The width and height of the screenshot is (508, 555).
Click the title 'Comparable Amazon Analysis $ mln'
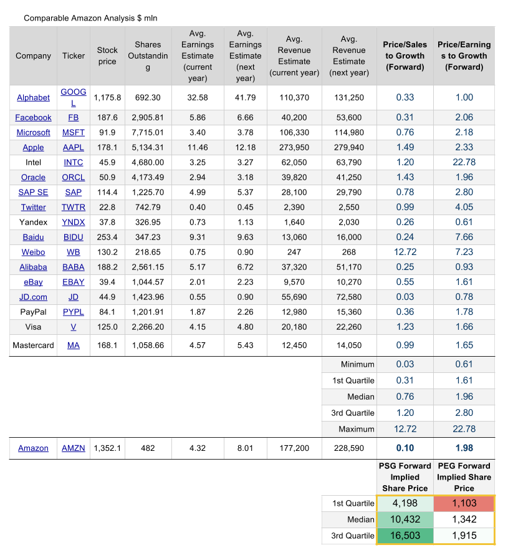(90, 18)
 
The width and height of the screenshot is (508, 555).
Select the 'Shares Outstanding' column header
(148, 56)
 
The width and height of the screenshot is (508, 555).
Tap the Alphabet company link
(34, 98)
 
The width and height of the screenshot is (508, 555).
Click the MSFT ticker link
(74, 133)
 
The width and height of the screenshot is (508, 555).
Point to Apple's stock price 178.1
(107, 148)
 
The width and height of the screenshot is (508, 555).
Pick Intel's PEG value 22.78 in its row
(464, 163)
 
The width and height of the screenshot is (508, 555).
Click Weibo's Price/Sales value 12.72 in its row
(405, 253)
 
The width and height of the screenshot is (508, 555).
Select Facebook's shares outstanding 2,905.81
(148, 118)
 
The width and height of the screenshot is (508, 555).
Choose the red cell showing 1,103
(464, 504)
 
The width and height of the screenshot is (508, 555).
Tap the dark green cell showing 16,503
(405, 536)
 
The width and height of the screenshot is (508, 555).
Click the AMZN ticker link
(74, 449)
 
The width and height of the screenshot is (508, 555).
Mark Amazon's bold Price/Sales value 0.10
(405, 449)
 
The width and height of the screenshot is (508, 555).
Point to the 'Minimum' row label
(357, 365)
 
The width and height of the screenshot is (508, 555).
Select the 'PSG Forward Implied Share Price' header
(405, 477)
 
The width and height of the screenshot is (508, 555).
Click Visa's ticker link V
(74, 327)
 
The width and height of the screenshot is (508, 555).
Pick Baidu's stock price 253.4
(107, 238)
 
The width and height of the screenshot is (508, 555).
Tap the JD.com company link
(34, 297)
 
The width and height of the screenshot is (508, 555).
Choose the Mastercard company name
(34, 345)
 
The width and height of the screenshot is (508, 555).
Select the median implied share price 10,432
(405, 520)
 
